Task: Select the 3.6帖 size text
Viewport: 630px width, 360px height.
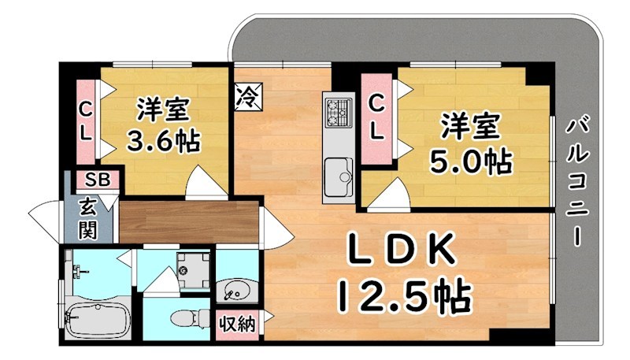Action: pyautogui.click(x=164, y=142)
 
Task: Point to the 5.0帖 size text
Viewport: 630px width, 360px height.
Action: pyautogui.click(x=470, y=161)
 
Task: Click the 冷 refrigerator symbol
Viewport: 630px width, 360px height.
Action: pyautogui.click(x=247, y=97)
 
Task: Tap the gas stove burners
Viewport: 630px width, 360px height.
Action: pyautogui.click(x=339, y=110)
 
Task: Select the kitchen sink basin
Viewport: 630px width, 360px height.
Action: pyautogui.click(x=339, y=171)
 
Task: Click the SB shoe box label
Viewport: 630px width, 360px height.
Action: pyautogui.click(x=98, y=179)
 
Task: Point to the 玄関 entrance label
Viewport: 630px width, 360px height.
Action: pyautogui.click(x=87, y=219)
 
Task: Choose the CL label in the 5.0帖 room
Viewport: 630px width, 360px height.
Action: pyautogui.click(x=378, y=117)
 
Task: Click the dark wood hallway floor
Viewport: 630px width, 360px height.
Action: pyautogui.click(x=189, y=220)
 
